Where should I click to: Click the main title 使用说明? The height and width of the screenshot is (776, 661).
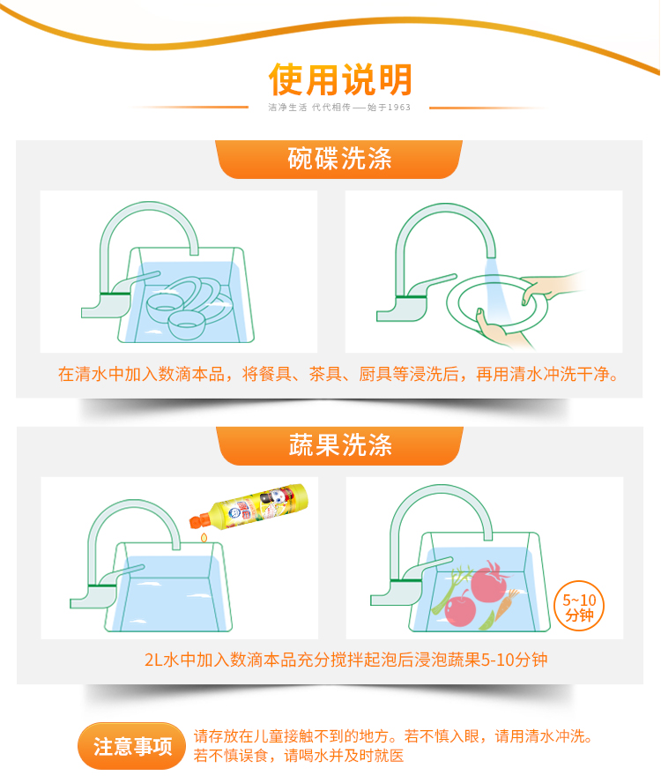coord(340,79)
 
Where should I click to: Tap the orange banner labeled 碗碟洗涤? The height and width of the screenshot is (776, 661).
coord(339,159)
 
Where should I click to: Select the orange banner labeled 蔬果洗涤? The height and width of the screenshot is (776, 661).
coord(340,445)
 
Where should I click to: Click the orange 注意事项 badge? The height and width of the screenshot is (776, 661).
coord(131,746)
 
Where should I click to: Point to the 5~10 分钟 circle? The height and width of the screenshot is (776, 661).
coord(579,607)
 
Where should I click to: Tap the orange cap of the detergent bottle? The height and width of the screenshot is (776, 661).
coord(199,521)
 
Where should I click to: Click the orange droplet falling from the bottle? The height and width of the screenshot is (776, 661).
coord(204,537)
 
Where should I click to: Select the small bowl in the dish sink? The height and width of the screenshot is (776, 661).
coord(187,325)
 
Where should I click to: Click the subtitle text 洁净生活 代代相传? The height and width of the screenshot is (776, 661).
coord(308,108)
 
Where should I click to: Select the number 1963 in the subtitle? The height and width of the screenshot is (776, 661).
coord(398,108)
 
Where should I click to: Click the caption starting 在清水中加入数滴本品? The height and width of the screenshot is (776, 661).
coord(338,374)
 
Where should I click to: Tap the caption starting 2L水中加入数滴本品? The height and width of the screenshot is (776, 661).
coord(345,660)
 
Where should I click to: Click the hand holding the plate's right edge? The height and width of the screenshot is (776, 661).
coord(549,288)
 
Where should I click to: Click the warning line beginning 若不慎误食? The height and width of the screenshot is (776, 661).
coord(299,756)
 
